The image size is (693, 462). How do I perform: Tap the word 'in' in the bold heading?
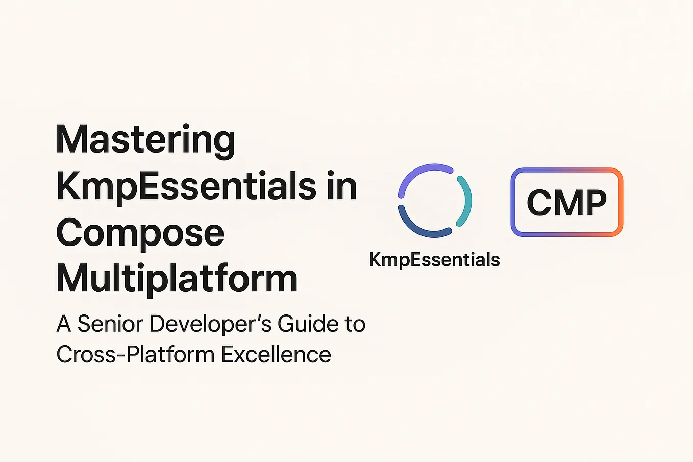point(341,186)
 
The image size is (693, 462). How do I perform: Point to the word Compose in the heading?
point(140,233)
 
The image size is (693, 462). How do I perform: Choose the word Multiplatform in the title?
point(177,279)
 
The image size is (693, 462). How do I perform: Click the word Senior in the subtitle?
point(109,324)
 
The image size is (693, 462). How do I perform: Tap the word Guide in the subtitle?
point(308,324)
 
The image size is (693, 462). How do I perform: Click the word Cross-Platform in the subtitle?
point(135,354)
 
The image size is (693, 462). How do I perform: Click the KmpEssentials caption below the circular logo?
point(434,260)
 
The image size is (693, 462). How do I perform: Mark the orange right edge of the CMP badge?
point(620,202)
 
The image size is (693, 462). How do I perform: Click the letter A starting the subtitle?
point(64,324)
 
